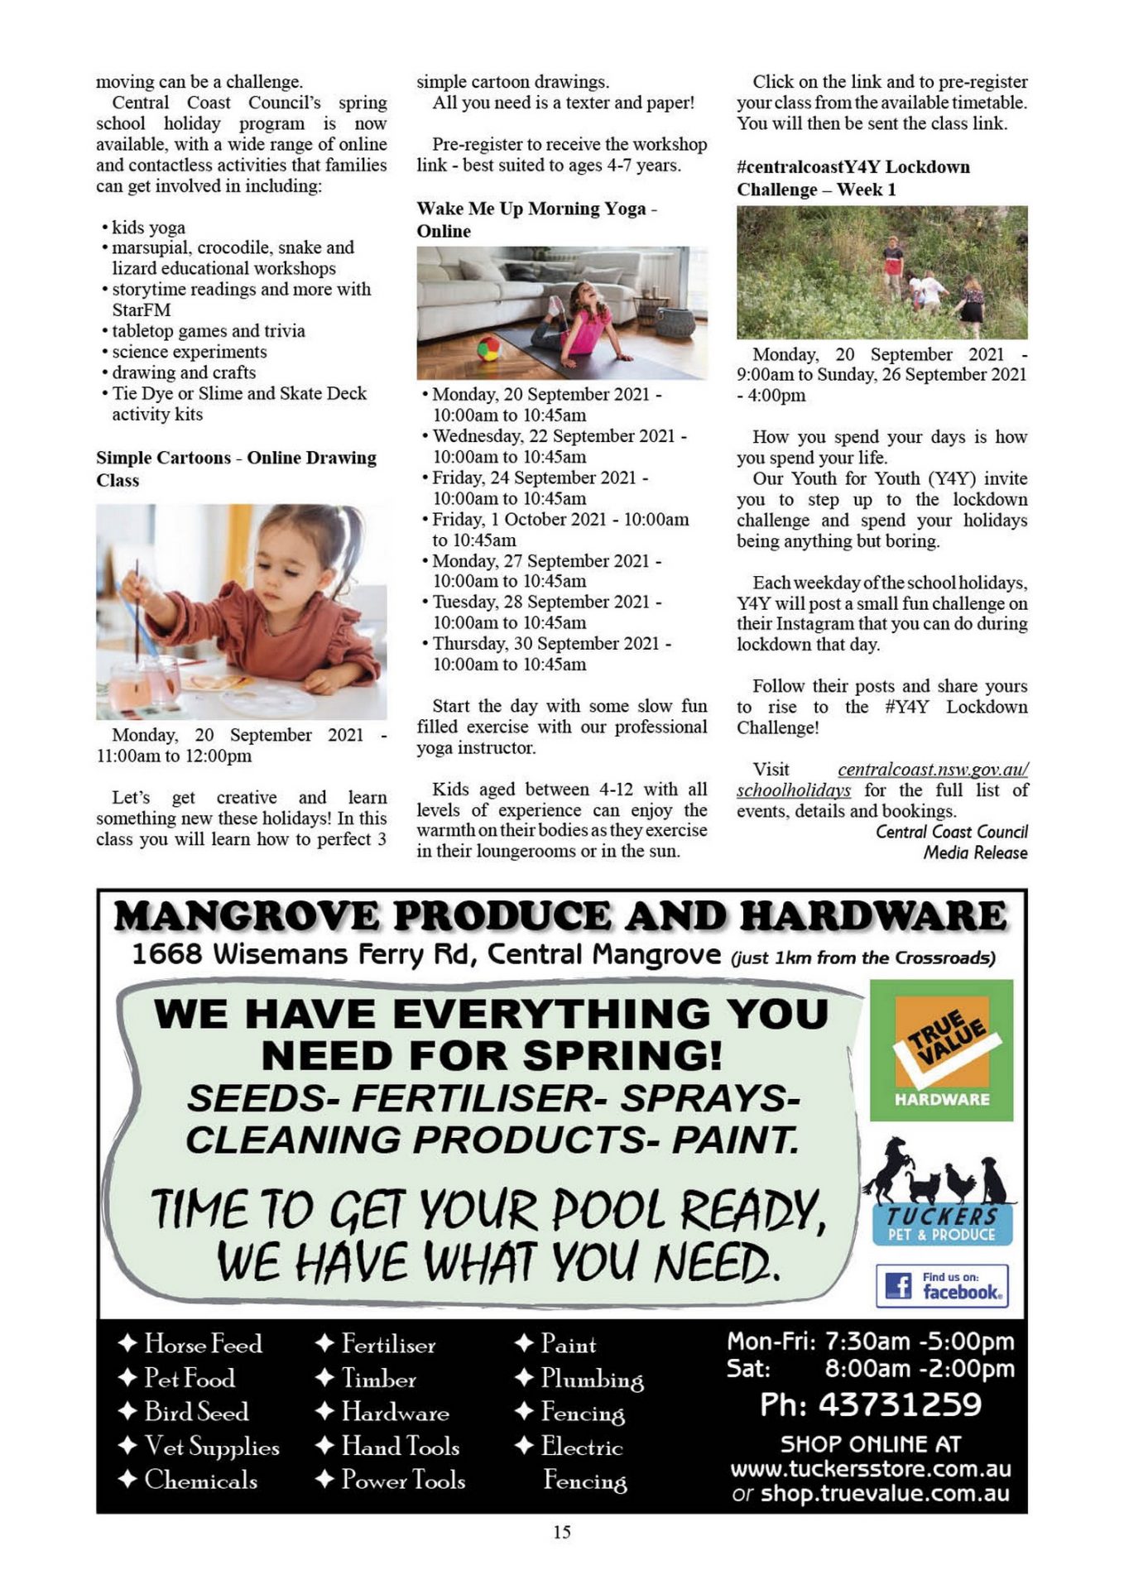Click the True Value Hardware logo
click(941, 1049)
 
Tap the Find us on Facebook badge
click(942, 1286)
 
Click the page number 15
click(561, 1532)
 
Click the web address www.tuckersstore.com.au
click(871, 1469)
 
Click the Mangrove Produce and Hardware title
click(560, 916)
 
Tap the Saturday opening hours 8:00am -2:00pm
click(919, 1368)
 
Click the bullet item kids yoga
click(148, 228)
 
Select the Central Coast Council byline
click(952, 832)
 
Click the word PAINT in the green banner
click(735, 1140)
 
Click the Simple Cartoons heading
click(163, 458)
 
